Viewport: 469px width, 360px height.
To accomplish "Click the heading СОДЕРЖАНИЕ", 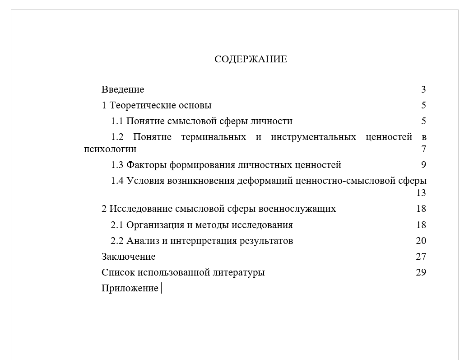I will coord(251,59).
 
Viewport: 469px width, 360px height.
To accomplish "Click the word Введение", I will coord(123,89).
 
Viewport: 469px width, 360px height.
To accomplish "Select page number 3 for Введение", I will coord(423,89).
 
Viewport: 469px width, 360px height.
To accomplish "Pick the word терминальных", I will coord(214,137).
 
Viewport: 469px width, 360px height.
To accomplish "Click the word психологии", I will coord(110,149).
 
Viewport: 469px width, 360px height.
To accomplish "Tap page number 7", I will coord(423,149).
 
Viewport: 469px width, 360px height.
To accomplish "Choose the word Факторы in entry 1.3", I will coord(146,165).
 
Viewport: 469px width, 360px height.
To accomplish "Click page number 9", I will coord(423,165).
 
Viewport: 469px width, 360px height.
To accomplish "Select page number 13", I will coord(421,193).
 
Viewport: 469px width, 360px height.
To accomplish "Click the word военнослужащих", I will coord(297,209).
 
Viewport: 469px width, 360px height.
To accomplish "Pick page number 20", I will coord(421,241).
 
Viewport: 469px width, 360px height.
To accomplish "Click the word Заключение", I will coord(129,257).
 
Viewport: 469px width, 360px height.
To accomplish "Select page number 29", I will coord(421,272).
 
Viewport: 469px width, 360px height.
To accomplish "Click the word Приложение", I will coord(130,288).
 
